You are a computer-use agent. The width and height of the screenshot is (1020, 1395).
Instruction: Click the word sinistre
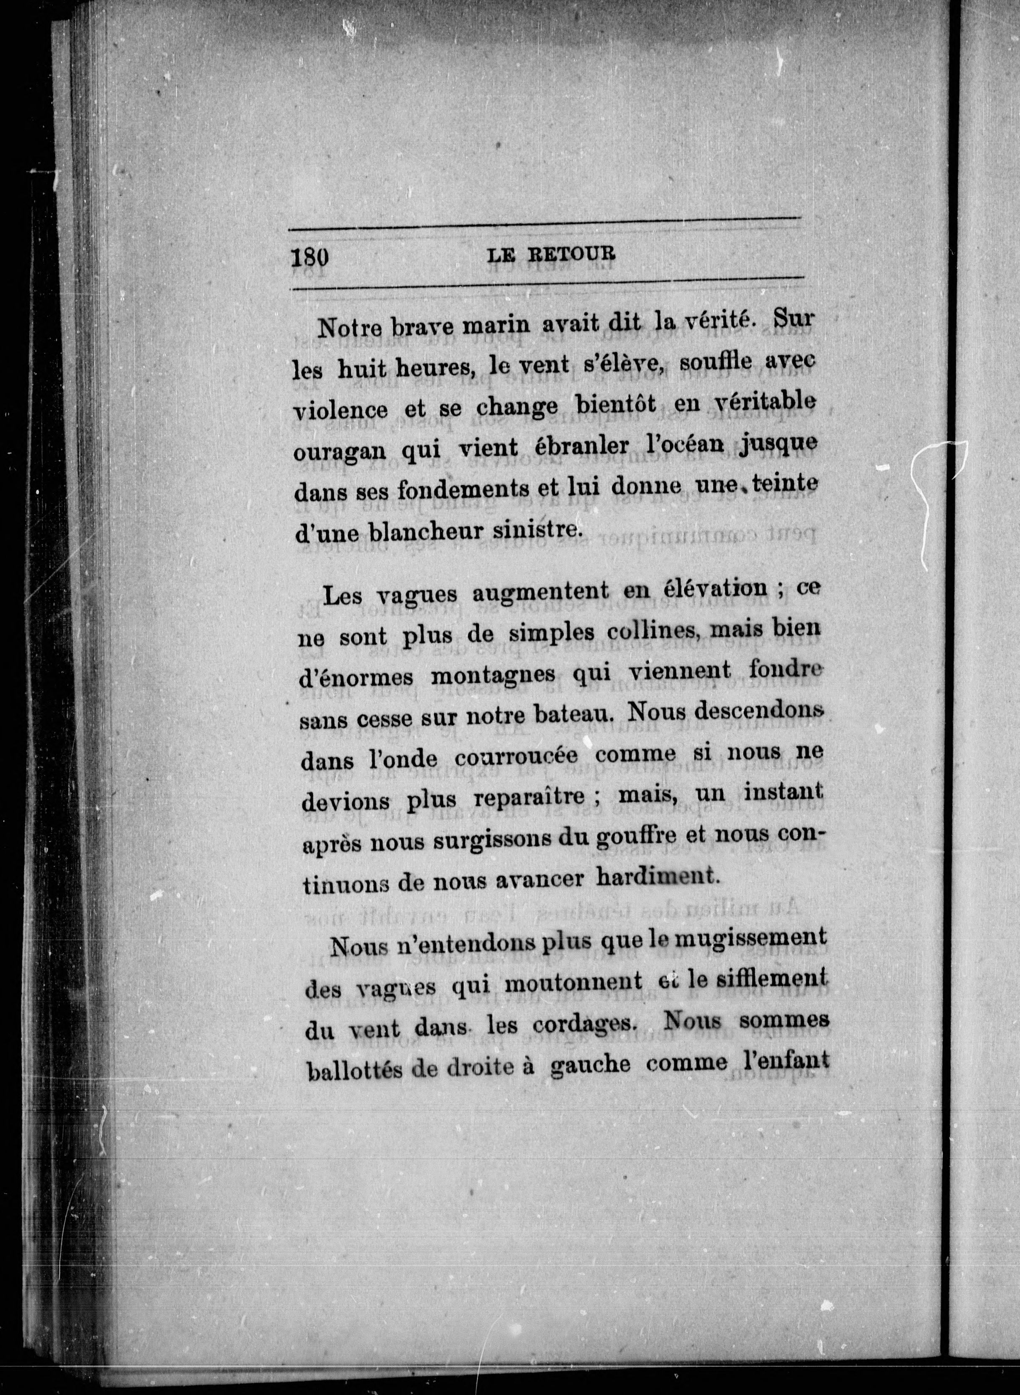coord(548,530)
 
